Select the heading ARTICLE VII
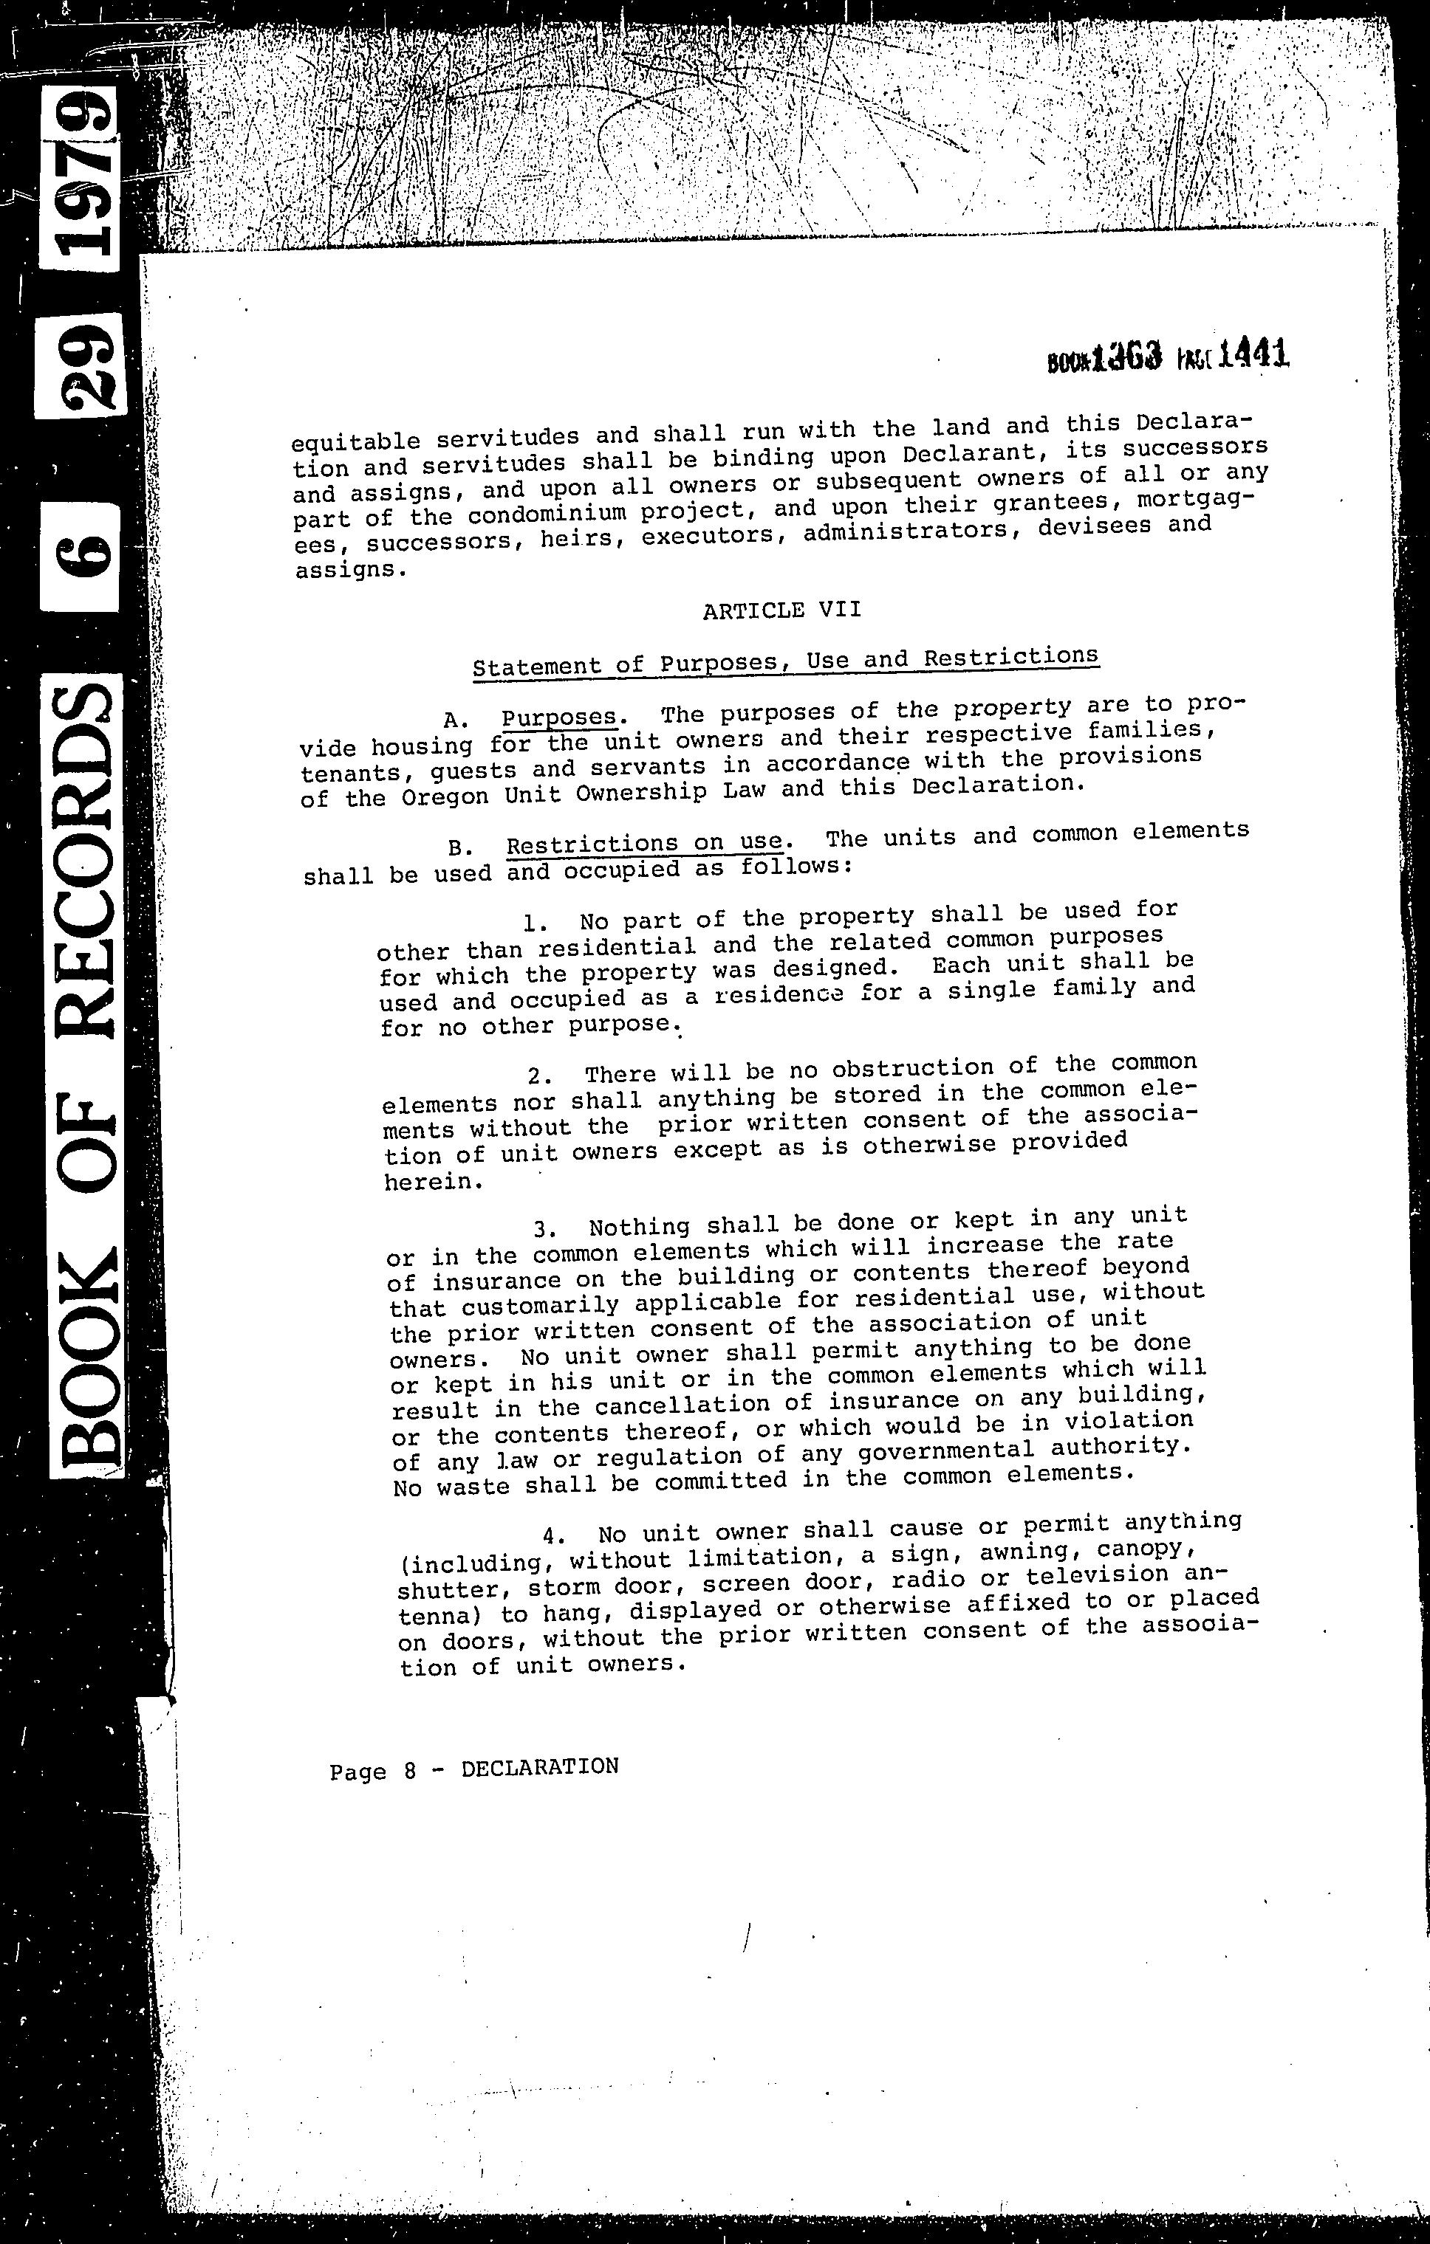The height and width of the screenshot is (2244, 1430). point(781,610)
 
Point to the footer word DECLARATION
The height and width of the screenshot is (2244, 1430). point(540,1766)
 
